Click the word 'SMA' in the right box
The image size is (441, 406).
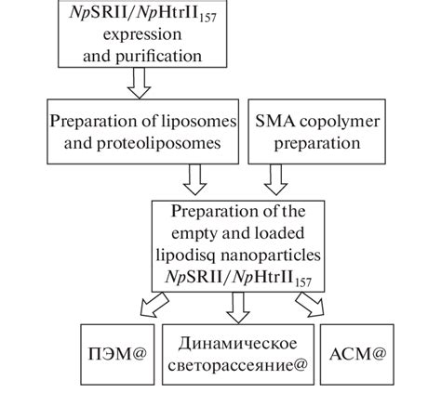[x=274, y=120]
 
